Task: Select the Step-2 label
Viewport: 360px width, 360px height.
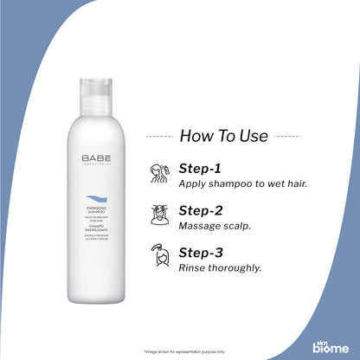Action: (202, 209)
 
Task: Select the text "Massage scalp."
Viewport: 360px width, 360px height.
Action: (212, 225)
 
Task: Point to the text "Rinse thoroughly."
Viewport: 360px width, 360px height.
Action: (220, 267)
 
